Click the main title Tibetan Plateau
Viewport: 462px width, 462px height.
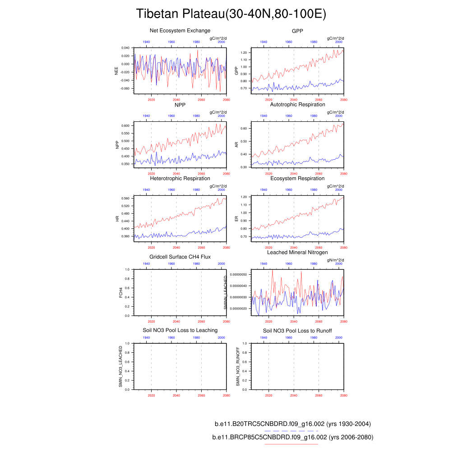(x=231, y=14)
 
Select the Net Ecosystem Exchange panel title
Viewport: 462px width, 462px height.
(x=180, y=31)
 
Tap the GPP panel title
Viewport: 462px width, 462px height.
(x=297, y=31)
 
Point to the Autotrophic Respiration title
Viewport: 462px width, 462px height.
(x=297, y=105)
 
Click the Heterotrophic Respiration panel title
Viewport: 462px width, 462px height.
(x=180, y=179)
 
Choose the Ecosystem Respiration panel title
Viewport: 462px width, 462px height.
(x=297, y=179)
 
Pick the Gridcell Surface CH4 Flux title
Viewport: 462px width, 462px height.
(x=180, y=257)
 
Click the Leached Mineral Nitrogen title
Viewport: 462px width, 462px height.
(x=297, y=252)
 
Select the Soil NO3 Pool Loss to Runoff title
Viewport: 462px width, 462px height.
(x=297, y=331)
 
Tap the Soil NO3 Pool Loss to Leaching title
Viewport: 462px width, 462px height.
(x=180, y=330)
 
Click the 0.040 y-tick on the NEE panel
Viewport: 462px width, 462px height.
(x=125, y=47)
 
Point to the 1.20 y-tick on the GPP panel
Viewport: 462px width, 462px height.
(x=245, y=53)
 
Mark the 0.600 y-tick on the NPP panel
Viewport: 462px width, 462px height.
(x=125, y=125)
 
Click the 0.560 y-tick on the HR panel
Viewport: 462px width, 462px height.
(x=125, y=199)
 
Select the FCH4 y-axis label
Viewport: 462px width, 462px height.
(x=120, y=292)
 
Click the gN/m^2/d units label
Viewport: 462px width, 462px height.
(x=335, y=259)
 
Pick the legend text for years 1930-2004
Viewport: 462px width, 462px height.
(x=292, y=424)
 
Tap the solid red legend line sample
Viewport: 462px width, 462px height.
(x=291, y=444)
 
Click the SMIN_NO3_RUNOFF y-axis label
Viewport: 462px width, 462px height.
(x=238, y=366)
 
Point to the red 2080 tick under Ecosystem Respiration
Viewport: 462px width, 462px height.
(x=344, y=248)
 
